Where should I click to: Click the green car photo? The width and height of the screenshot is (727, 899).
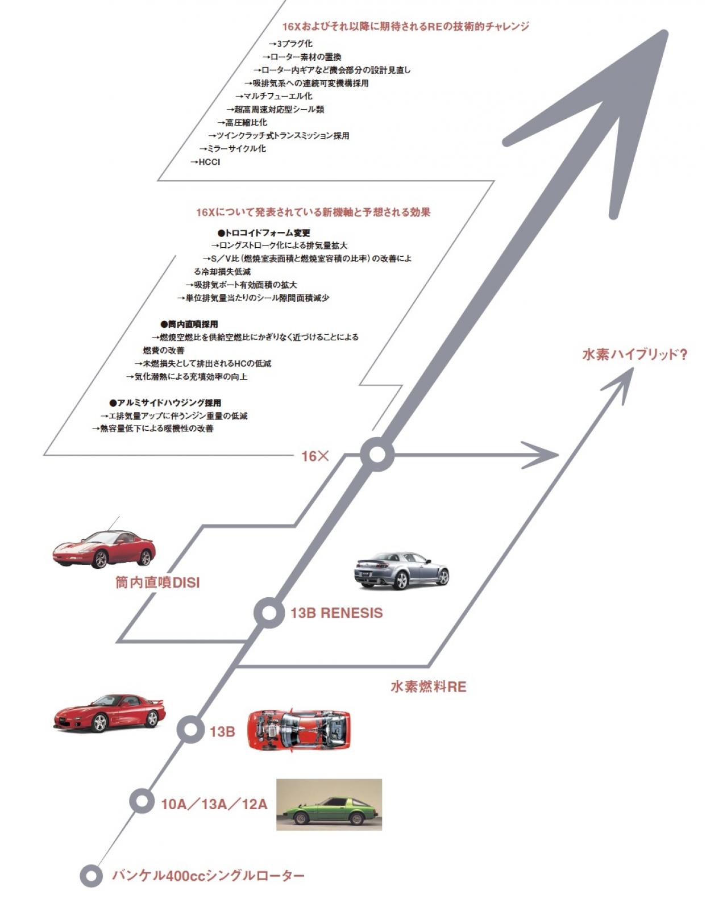329,804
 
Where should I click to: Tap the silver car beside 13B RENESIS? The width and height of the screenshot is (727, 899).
401,569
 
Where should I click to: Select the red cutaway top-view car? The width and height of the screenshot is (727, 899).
299,730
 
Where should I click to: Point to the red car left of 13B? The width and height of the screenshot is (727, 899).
109,713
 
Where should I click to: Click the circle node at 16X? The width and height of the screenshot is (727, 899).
377,455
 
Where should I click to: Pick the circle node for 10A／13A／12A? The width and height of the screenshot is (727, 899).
142,800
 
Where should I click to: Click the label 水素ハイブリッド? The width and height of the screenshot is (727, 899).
635,355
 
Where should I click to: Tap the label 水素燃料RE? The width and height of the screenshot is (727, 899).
428,686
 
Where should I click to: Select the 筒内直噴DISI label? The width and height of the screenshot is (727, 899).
157,582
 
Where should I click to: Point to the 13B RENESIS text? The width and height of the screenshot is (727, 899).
337,613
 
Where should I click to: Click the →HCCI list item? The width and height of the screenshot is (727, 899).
205,162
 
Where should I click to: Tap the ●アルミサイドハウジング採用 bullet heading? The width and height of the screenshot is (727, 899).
165,403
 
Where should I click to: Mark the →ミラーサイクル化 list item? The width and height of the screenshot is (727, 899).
232,149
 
